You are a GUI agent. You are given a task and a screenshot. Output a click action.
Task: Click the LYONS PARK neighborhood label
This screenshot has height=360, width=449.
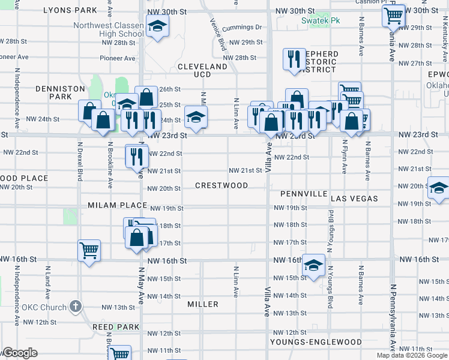70,10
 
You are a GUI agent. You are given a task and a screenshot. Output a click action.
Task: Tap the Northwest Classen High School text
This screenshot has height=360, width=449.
109,29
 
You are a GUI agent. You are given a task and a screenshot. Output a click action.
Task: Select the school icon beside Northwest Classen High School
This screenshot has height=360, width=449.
157,26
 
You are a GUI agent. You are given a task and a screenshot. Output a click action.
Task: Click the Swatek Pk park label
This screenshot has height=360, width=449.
321,20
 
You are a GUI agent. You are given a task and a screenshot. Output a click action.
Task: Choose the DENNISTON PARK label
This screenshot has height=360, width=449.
60,92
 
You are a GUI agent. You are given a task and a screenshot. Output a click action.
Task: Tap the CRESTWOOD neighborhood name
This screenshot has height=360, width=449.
221,185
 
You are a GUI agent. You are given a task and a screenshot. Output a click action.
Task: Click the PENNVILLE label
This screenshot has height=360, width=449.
304,194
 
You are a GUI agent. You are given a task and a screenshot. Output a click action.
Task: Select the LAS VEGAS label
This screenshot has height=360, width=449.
354,198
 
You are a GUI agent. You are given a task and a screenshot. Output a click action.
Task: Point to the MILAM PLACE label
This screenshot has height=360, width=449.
117,205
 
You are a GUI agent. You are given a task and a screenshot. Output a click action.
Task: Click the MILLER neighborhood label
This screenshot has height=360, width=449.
203,304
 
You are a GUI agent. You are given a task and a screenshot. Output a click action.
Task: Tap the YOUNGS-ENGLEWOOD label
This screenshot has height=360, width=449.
316,342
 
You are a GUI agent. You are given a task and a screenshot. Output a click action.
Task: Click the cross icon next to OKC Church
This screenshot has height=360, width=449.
76,307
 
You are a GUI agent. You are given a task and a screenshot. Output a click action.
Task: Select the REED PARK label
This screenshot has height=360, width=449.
116,327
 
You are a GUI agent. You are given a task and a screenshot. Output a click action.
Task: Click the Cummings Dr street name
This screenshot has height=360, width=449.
242,28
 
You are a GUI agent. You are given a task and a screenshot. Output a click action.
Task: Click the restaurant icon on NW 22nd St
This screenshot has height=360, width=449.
136,155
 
